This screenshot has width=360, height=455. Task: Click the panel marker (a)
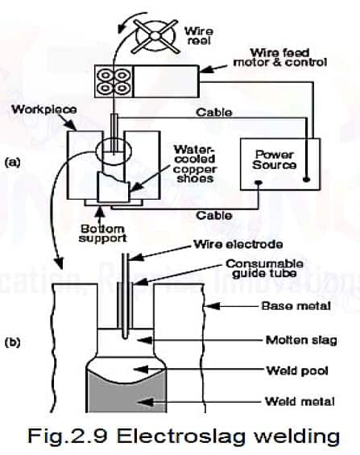click(11, 160)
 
